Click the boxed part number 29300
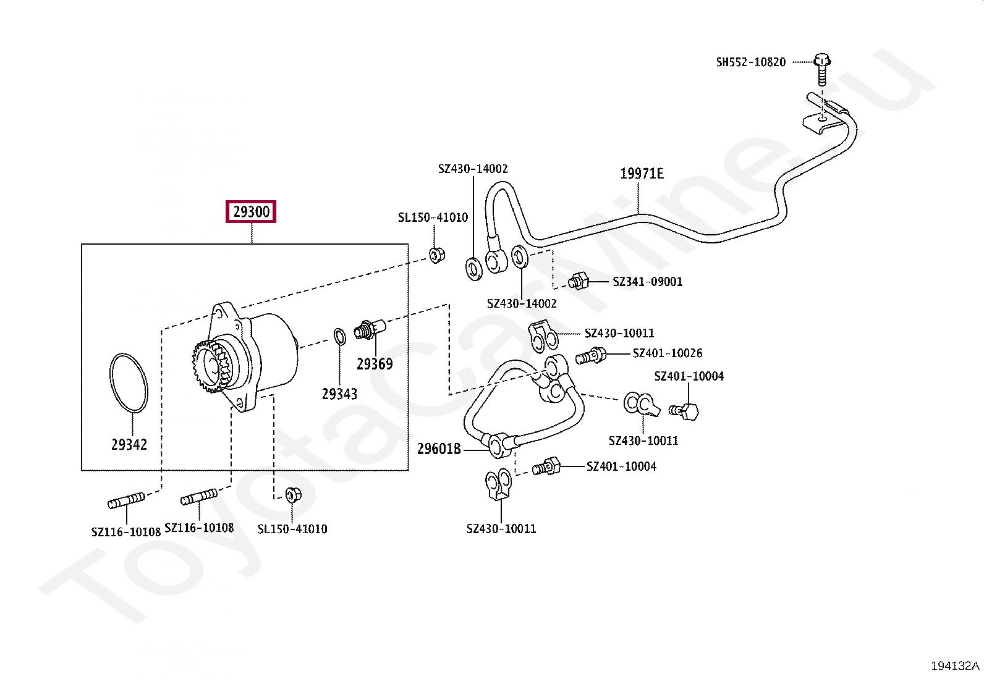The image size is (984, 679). (251, 212)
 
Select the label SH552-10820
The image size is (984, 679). (750, 62)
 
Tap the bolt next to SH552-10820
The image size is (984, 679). (821, 67)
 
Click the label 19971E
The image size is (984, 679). (642, 174)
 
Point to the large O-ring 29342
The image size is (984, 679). (129, 383)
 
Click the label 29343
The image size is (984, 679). (339, 394)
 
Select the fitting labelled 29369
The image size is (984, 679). (369, 329)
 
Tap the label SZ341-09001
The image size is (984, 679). (647, 282)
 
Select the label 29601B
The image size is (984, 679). (439, 449)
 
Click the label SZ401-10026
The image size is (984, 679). (667, 353)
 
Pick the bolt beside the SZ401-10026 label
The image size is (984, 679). (592, 356)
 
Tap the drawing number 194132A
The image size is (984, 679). (954, 665)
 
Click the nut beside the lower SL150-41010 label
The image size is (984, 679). (293, 494)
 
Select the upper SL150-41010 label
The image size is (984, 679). (433, 217)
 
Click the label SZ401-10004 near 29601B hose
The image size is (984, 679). (621, 466)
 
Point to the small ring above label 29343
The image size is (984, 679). (339, 337)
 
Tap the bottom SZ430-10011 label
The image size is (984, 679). (501, 529)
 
